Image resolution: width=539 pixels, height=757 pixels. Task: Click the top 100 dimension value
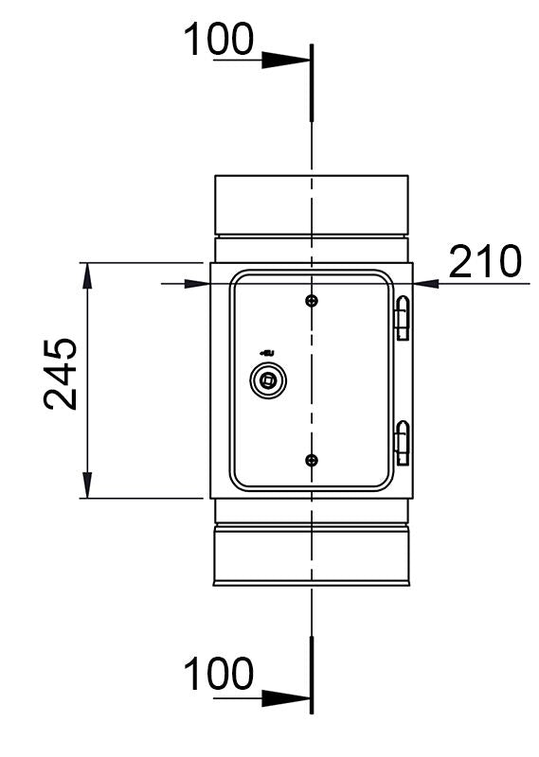coord(218,41)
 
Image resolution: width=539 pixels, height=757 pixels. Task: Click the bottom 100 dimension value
coord(218,676)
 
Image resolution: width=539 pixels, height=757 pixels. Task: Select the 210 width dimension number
coord(485,262)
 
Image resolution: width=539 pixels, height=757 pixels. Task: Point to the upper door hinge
coord(403,318)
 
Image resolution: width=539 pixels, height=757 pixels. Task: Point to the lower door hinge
coord(403,442)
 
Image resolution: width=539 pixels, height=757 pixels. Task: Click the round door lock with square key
coord(267,381)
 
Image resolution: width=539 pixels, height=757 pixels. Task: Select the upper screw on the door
coord(312,301)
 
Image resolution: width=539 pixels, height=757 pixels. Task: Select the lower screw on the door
coord(312,460)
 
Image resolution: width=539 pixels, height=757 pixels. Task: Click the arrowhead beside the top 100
coord(285,61)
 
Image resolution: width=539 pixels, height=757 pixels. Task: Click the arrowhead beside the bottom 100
coord(285,698)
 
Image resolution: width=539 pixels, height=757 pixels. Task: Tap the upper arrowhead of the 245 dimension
coord(87,276)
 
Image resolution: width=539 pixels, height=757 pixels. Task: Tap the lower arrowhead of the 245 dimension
coord(87,484)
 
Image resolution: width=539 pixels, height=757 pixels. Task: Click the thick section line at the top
coord(311,81)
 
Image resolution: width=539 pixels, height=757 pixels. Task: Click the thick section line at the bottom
coord(311,674)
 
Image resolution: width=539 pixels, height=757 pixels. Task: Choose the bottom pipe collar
coord(312,556)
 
